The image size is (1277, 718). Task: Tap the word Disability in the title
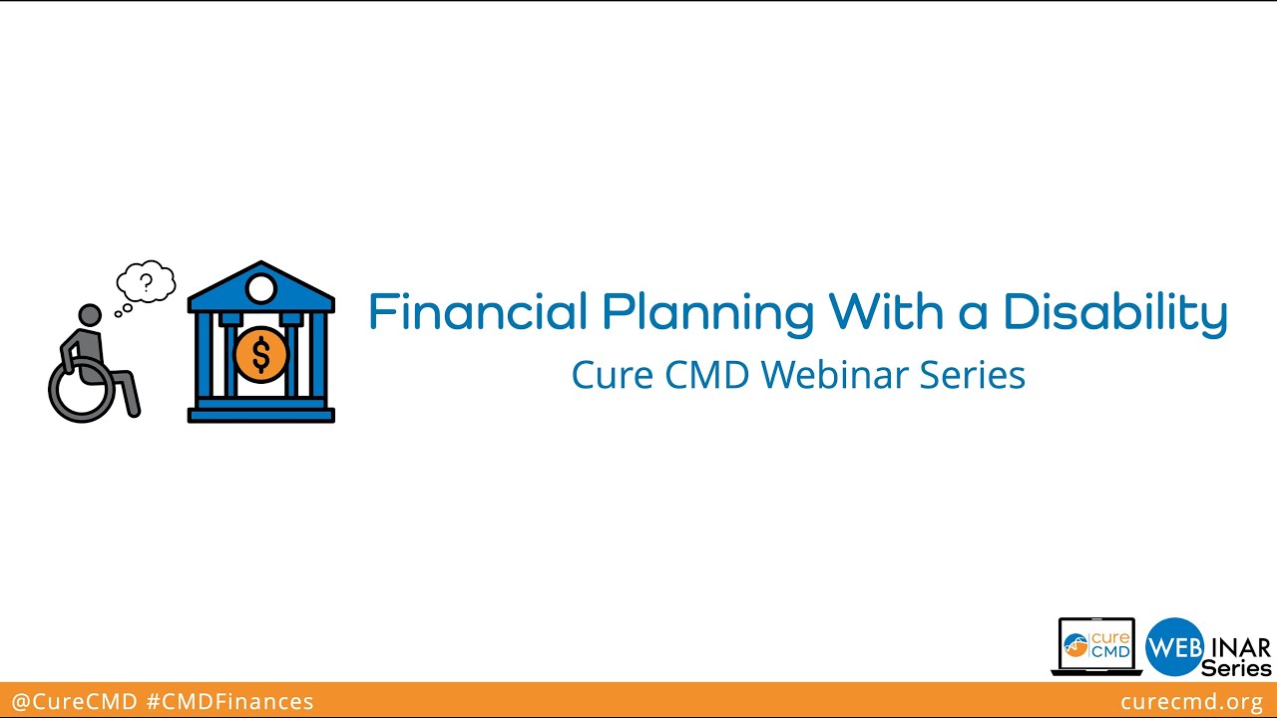pos(1114,313)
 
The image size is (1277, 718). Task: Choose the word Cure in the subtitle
pos(605,375)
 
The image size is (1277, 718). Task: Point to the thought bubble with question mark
pos(147,282)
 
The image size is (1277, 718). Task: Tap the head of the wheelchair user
pos(90,316)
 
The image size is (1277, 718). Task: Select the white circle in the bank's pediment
pos(260,290)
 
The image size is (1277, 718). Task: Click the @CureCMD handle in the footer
pos(74,702)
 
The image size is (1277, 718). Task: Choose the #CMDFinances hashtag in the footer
pos(229,702)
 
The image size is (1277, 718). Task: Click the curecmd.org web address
pos(1191,702)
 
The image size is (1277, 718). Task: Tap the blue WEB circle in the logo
pos(1174,647)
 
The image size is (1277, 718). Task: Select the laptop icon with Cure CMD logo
pos(1096,646)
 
